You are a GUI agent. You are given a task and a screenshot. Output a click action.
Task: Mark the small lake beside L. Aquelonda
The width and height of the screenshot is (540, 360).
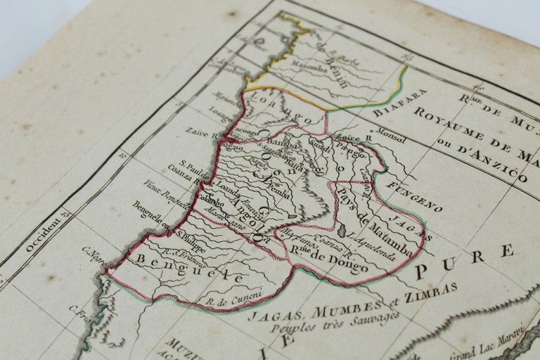tap(342, 231)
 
